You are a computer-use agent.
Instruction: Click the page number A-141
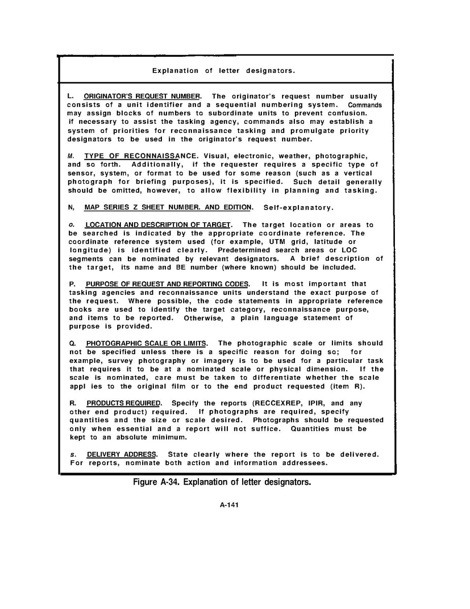(x=229, y=505)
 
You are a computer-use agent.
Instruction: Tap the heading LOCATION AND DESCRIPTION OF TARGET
(x=158, y=224)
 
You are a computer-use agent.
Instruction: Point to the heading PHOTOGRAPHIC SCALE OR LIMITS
(x=146, y=343)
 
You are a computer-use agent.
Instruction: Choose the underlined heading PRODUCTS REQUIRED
(x=123, y=403)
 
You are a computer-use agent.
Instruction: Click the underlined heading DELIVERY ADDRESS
(x=122, y=454)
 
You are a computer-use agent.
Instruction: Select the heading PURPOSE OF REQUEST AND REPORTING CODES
(x=167, y=284)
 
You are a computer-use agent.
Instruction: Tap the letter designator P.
(x=72, y=284)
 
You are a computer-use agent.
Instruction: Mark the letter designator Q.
(x=72, y=343)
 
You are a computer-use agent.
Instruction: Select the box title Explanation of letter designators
(x=223, y=71)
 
